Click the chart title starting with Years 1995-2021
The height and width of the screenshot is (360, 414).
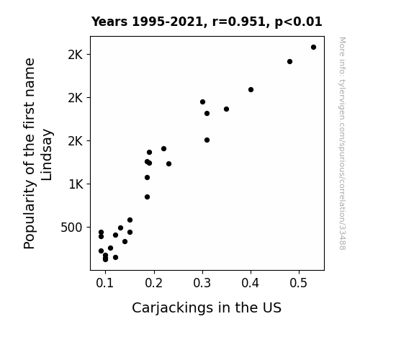click(207, 22)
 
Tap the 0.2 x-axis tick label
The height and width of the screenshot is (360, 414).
click(153, 283)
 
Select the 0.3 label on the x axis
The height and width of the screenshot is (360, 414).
click(202, 283)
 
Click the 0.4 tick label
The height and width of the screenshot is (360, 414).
click(251, 283)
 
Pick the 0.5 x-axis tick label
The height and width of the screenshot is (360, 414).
click(299, 283)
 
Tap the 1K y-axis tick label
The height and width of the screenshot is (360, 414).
click(76, 184)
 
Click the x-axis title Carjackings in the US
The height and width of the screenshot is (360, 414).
click(207, 308)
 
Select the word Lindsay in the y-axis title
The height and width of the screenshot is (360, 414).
click(47, 155)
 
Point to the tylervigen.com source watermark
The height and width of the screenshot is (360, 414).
click(342, 143)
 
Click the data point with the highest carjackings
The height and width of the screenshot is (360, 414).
click(313, 48)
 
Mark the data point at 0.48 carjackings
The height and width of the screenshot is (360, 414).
click(289, 61)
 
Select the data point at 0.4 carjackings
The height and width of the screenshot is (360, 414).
click(251, 90)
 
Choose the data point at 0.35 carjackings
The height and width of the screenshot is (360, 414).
click(226, 109)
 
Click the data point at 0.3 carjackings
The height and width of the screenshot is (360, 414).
click(202, 102)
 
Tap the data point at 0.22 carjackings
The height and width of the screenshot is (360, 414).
click(163, 149)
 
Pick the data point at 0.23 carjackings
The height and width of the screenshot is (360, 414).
click(168, 163)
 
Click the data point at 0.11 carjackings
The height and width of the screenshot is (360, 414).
click(110, 248)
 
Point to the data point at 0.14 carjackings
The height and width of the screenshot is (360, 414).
click(125, 241)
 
